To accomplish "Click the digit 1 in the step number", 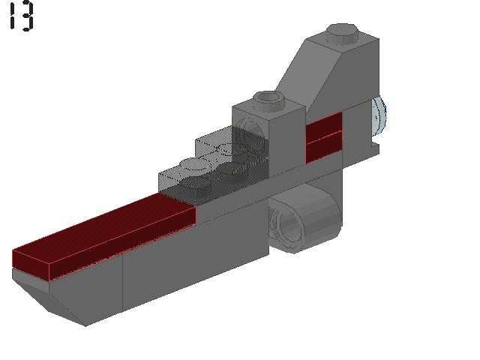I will [x=13, y=16].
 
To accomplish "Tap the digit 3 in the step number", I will [x=27, y=16].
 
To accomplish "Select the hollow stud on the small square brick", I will [x=268, y=97].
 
